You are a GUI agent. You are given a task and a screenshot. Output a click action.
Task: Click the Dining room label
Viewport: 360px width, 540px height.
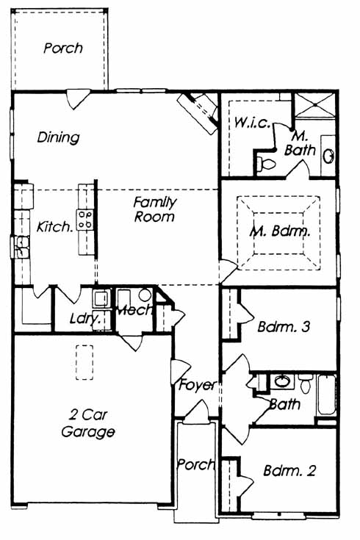[x=58, y=137]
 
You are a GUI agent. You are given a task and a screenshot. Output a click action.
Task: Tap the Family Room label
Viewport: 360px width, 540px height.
[x=155, y=209]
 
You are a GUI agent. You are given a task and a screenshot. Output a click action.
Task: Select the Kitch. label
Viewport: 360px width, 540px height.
[x=54, y=227]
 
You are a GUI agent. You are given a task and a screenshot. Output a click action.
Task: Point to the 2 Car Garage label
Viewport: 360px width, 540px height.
[x=88, y=423]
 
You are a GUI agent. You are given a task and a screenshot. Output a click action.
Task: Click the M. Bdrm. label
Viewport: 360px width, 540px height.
[x=279, y=231]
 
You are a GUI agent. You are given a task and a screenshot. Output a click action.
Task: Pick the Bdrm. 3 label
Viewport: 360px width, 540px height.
[x=284, y=326]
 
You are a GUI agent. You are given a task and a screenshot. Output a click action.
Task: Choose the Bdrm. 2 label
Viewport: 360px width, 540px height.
[x=289, y=470]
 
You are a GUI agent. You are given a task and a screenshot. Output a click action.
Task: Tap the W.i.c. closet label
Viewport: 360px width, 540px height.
[x=252, y=122]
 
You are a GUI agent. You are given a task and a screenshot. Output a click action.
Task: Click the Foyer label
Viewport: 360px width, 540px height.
[x=198, y=385]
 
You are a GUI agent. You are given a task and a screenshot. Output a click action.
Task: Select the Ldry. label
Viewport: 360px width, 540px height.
[x=85, y=319]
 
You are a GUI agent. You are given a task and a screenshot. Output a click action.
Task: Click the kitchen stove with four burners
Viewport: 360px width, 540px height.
[x=85, y=220]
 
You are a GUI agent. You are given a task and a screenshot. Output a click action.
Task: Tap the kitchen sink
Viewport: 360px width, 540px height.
[x=21, y=247]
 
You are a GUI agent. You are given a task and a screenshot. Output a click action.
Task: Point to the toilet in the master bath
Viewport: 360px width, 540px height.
[x=266, y=164]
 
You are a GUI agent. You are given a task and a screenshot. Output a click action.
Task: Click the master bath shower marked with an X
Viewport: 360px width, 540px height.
[x=315, y=104]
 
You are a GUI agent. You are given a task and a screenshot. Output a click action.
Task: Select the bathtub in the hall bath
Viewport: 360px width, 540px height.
[x=326, y=395]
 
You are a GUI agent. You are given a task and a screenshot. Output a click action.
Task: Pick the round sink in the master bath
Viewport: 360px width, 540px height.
[x=328, y=156]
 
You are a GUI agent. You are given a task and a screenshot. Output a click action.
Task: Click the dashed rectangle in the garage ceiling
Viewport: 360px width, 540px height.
[x=84, y=362]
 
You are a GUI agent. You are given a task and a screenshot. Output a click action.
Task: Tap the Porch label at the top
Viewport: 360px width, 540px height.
[x=63, y=48]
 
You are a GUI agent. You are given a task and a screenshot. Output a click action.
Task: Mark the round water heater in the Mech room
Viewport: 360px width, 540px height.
[x=145, y=295]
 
